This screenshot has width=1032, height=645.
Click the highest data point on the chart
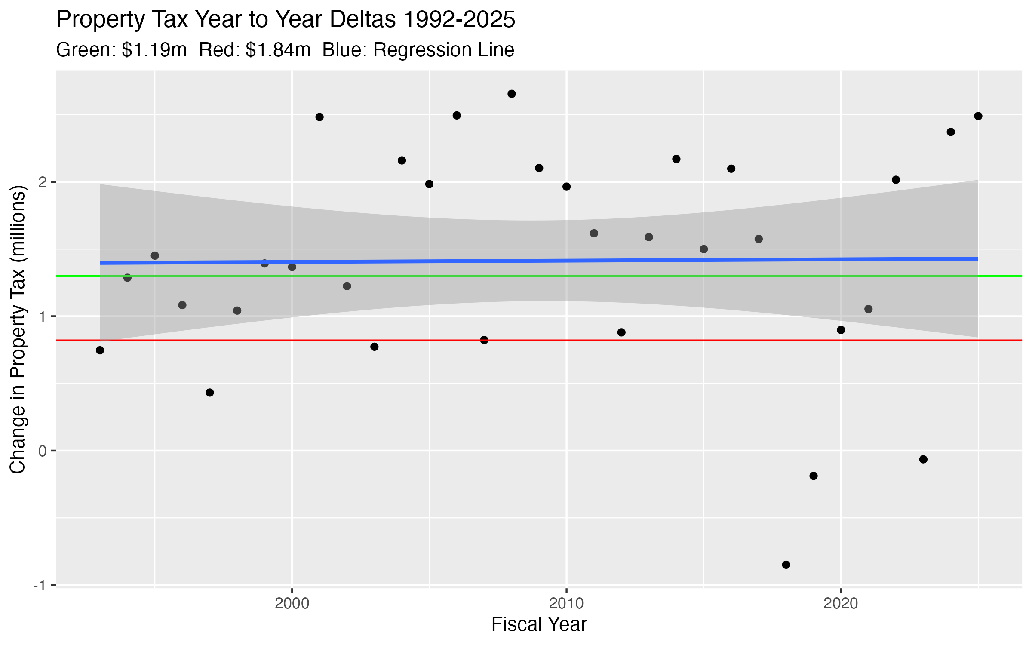[x=512, y=94]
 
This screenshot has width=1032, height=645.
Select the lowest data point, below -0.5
[x=786, y=565]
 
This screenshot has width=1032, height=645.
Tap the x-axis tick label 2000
[x=292, y=604]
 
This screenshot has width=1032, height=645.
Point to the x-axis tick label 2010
[x=566, y=604]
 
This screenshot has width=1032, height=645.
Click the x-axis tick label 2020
[x=841, y=604]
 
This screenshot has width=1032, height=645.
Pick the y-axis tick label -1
[x=40, y=585]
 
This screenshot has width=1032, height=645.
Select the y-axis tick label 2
[x=42, y=182]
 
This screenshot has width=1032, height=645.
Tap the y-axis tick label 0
[x=42, y=451]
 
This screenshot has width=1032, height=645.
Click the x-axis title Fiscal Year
[x=539, y=625]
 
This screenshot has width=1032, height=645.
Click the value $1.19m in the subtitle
[x=154, y=50]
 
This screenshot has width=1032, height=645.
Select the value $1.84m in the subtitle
[x=278, y=50]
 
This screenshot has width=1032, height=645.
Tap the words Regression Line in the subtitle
[x=443, y=50]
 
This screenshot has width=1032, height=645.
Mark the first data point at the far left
[x=100, y=350]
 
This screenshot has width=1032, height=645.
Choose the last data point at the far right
[x=978, y=116]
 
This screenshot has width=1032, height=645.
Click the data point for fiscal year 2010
[x=566, y=187]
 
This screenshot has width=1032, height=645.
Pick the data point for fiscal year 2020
[x=841, y=330]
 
